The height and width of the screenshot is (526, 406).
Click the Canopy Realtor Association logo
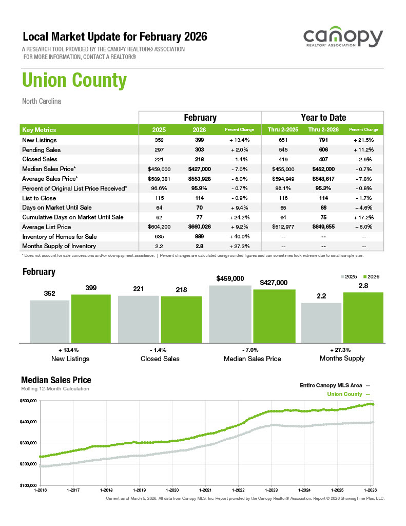tap(342, 39)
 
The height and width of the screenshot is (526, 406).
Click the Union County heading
tap(74, 81)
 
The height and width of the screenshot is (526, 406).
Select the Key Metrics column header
tap(40, 130)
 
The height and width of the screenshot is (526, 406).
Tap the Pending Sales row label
tap(42, 150)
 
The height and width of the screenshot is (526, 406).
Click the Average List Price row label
tap(47, 227)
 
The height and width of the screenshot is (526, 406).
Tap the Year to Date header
tap(323, 118)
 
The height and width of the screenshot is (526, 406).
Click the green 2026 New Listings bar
tap(91, 318)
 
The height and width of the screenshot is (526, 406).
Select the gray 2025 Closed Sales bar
tap(138, 318)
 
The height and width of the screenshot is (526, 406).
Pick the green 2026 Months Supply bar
tap(363, 317)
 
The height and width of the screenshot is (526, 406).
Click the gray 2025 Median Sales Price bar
tap(230, 313)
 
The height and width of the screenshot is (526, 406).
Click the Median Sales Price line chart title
tap(56, 380)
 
